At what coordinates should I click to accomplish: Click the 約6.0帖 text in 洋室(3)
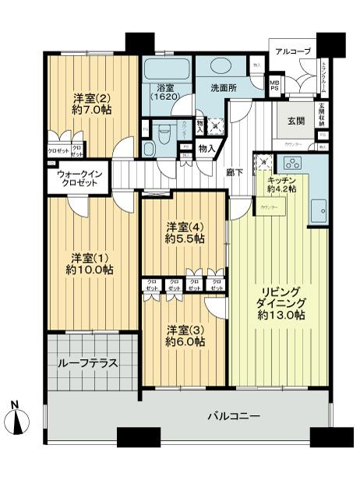pos(185,341)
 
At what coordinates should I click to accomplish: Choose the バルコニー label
pos(234,416)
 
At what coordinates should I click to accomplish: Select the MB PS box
pos(274,85)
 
